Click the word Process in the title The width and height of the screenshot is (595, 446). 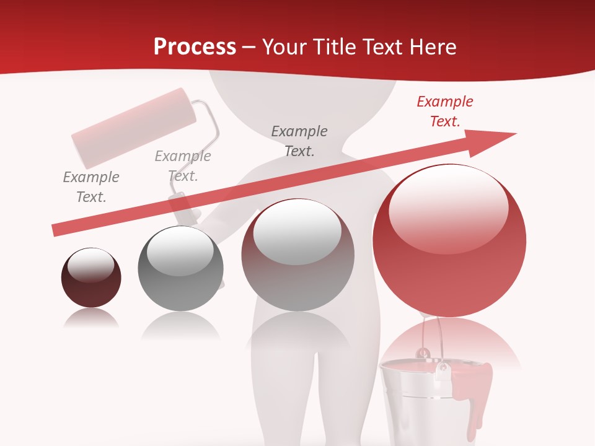pyautogui.click(x=195, y=46)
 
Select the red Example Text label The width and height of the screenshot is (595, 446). pyautogui.click(x=445, y=111)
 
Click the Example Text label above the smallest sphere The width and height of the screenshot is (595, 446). pyautogui.click(x=91, y=187)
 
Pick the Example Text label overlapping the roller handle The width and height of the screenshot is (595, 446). pyautogui.click(x=183, y=166)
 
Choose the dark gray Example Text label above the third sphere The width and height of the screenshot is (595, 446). pyautogui.click(x=299, y=141)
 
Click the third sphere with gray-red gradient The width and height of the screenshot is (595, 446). pyautogui.click(x=297, y=260)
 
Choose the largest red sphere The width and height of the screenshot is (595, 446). pyautogui.click(x=449, y=260)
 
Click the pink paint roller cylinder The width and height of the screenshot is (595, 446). pyautogui.click(x=134, y=128)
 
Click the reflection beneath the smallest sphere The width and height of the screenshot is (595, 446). pyautogui.click(x=91, y=319)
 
